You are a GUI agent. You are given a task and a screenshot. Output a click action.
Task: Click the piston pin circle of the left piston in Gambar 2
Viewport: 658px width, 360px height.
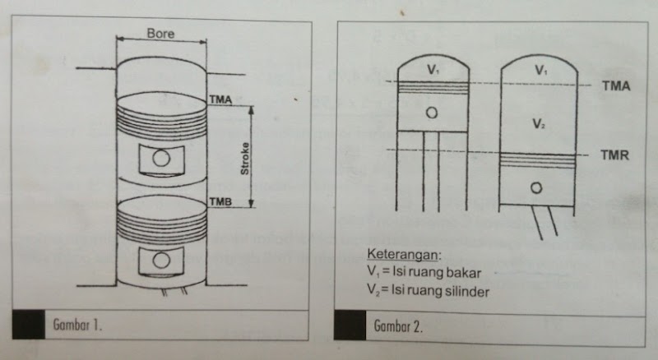pos(433,113)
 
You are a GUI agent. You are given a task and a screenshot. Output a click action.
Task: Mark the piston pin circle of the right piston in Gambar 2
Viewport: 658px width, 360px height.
pos(536,188)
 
